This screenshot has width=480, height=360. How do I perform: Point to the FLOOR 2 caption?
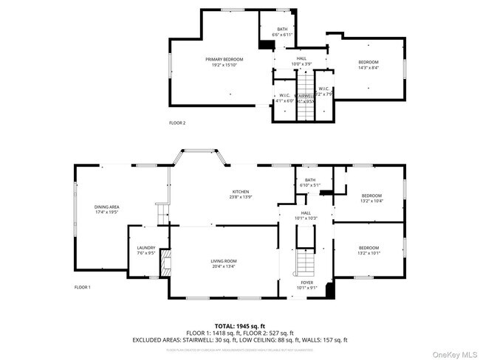[177, 122]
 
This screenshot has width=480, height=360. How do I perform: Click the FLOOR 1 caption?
[82, 286]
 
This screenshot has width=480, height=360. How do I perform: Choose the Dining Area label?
[106, 207]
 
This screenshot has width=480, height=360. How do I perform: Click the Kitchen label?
[241, 191]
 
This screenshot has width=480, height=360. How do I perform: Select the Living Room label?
[224, 260]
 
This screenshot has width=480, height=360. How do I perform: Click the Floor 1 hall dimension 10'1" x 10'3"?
[306, 218]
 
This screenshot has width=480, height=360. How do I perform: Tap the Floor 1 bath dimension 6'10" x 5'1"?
[309, 185]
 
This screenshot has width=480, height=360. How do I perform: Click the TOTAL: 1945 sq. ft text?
[239, 325]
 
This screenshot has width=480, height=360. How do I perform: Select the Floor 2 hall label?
[301, 58]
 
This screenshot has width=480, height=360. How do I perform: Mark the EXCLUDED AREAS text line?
[239, 340]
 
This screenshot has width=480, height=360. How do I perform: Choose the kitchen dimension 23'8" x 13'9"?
[241, 197]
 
